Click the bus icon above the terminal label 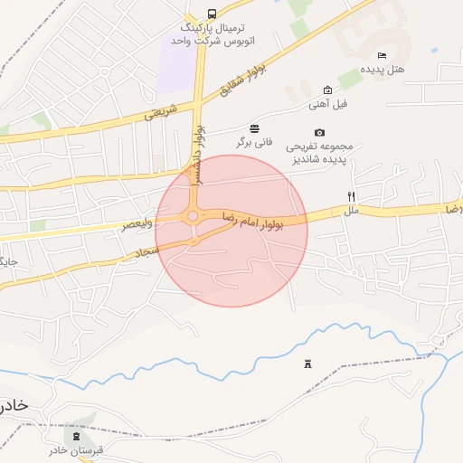pyautogui.click(x=212, y=14)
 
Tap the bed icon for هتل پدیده pyautogui.click(x=381, y=56)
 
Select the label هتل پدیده pyautogui.click(x=383, y=69)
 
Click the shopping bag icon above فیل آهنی pyautogui.click(x=327, y=90)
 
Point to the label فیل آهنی pyautogui.click(x=327, y=103)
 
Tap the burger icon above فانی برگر pyautogui.click(x=255, y=128)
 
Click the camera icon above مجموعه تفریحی pyautogui.click(x=320, y=133)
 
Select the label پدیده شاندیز pyautogui.click(x=320, y=158)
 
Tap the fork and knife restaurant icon pyautogui.click(x=351, y=197)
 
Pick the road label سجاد pyautogui.click(x=147, y=256)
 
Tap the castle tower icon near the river pyautogui.click(x=307, y=364)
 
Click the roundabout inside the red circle pyautogui.click(x=192, y=216)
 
